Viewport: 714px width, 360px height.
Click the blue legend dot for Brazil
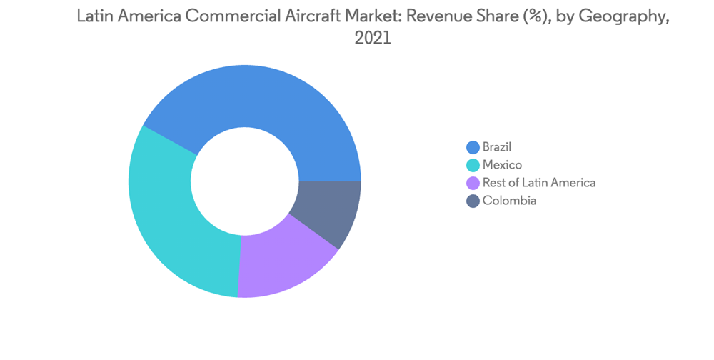(473, 147)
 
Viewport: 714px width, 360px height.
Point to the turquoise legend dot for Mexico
(473, 165)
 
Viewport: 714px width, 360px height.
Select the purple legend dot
(473, 183)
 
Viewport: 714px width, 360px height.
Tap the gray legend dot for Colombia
(473, 201)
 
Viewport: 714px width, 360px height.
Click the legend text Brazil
(497, 147)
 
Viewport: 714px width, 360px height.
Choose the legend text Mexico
(502, 165)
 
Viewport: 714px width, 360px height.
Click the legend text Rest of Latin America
(538, 183)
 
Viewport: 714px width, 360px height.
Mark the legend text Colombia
(509, 201)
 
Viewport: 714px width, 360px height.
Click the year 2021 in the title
(373, 39)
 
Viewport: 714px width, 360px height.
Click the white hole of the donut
(245, 181)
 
